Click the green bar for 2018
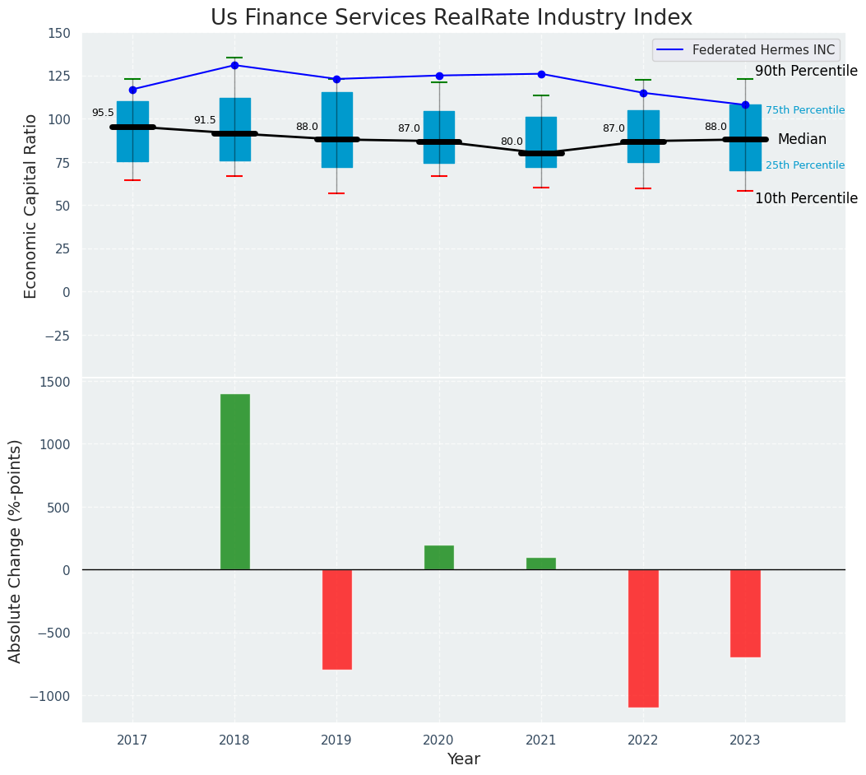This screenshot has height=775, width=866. point(234,481)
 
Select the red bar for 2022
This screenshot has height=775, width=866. point(643,638)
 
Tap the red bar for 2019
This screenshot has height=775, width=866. point(336,619)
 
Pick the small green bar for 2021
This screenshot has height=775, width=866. point(540,564)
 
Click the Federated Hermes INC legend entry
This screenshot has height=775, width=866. point(762,50)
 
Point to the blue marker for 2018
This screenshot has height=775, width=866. point(234,65)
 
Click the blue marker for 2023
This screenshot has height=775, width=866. point(745,104)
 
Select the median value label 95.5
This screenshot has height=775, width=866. point(103,114)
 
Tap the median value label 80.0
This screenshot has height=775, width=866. point(512,142)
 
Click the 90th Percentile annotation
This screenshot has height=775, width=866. point(806,72)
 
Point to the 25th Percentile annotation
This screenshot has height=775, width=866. point(805,165)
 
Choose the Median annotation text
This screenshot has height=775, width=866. point(802,140)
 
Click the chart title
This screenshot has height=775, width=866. point(452,17)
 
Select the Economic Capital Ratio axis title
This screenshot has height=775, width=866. point(31,206)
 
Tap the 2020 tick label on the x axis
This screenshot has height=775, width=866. point(438,740)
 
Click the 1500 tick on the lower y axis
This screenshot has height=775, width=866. point(54,382)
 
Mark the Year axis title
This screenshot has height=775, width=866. point(463,759)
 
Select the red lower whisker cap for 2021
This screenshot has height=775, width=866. point(540,188)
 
